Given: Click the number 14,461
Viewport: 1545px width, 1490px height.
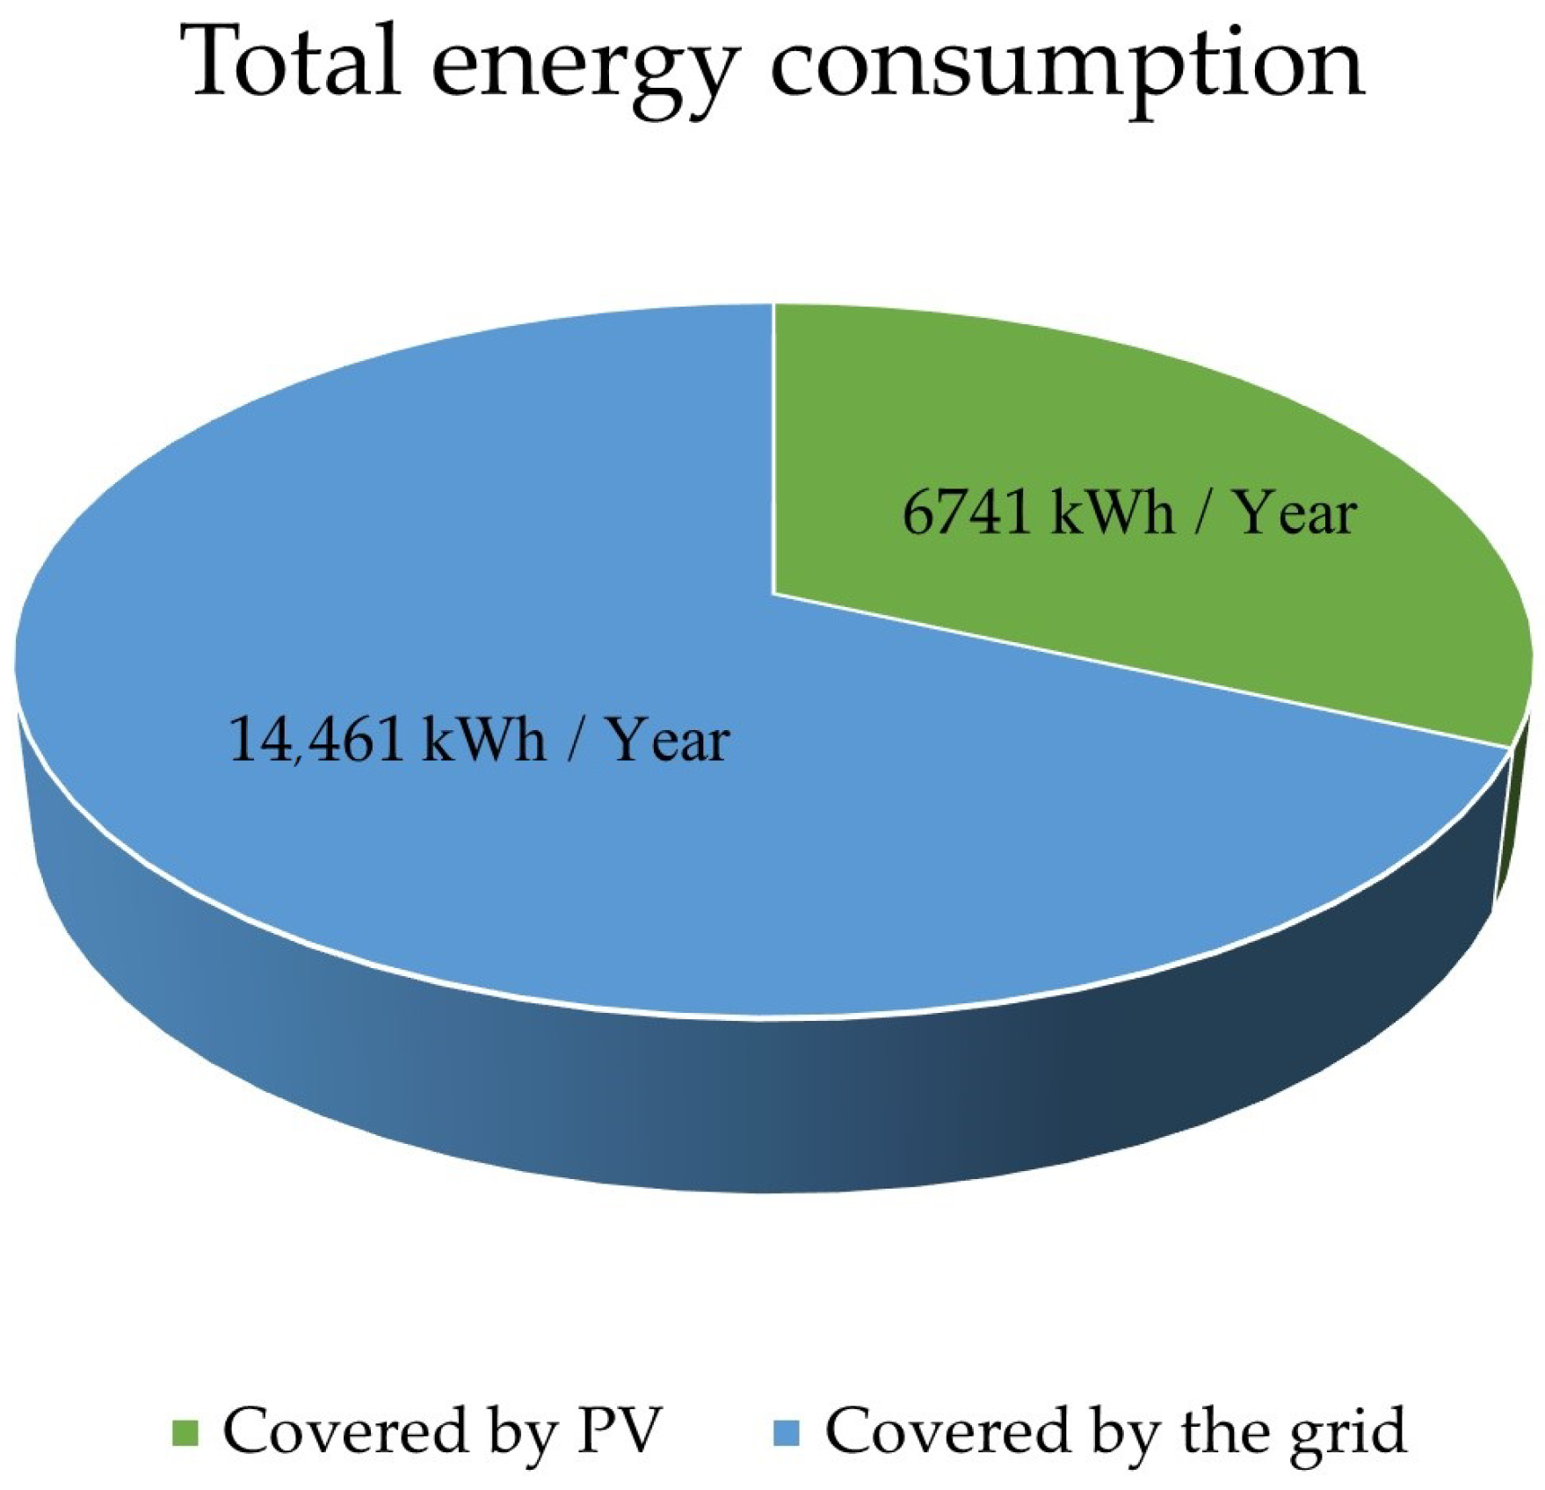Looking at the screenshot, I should (316, 739).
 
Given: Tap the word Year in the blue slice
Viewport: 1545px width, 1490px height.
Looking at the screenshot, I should (668, 740).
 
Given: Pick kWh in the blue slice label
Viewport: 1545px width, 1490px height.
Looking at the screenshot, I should (484, 739).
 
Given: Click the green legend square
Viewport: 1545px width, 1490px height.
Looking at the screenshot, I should (185, 1433).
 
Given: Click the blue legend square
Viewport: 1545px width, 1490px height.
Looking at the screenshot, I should (787, 1433).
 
